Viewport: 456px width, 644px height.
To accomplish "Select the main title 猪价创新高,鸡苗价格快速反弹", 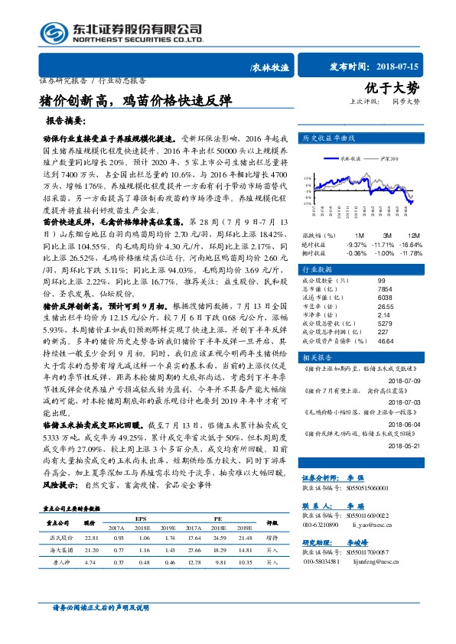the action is [134, 101].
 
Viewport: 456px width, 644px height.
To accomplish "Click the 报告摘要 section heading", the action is [66, 122].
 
